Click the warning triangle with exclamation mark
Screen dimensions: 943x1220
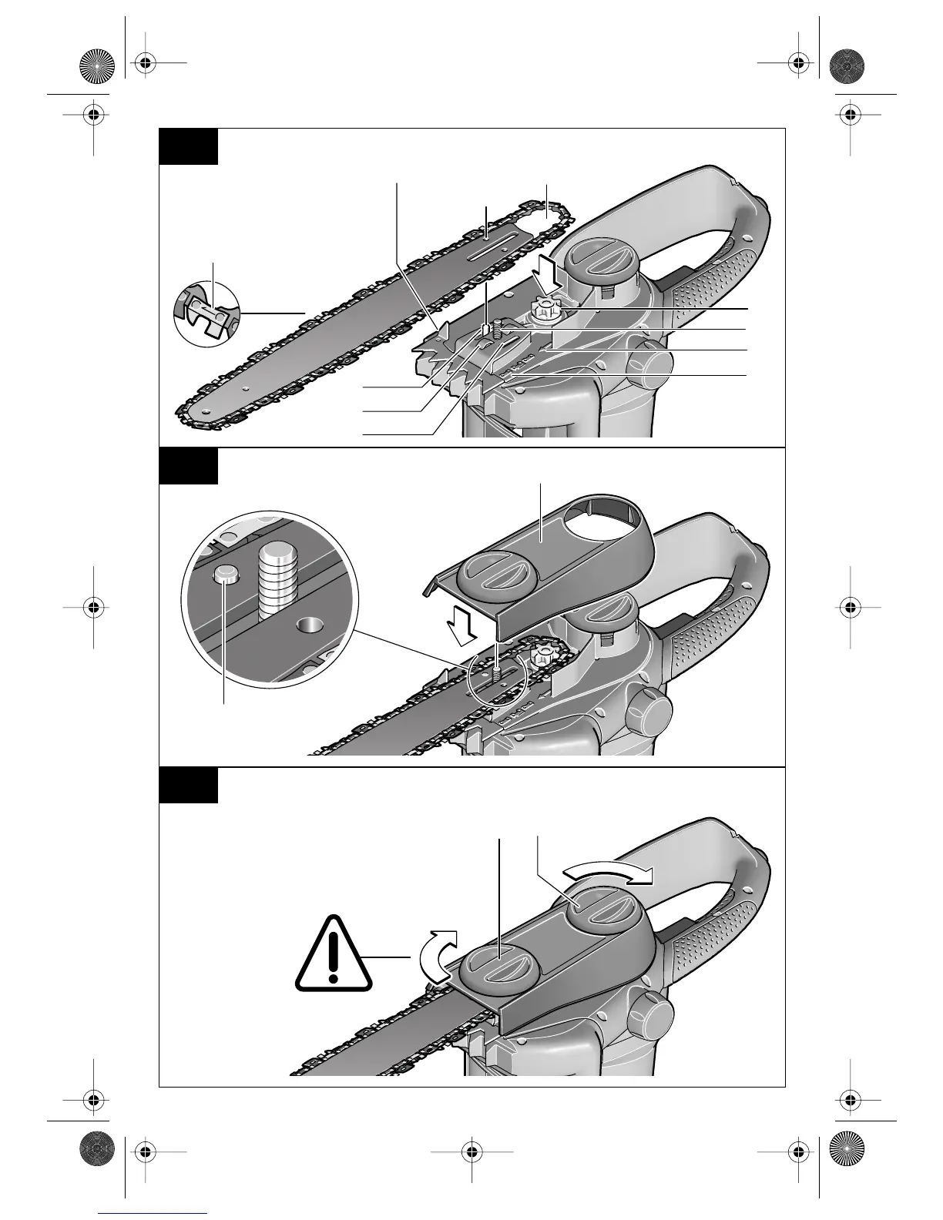(333, 955)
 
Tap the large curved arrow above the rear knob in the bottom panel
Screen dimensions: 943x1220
(609, 873)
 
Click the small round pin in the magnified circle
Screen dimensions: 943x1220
(225, 573)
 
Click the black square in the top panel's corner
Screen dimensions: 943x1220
(188, 146)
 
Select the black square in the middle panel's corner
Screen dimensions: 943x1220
(188, 466)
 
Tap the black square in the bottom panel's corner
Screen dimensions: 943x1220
(188, 785)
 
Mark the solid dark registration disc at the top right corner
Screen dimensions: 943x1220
(847, 65)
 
